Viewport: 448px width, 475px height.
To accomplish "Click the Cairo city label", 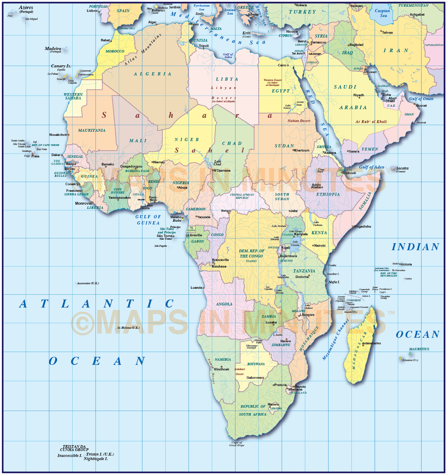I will [x=282, y=65].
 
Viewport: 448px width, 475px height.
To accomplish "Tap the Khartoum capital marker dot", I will [x=293, y=150].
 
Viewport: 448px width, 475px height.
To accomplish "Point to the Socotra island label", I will [x=402, y=169].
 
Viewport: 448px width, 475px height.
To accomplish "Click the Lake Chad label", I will [x=217, y=163].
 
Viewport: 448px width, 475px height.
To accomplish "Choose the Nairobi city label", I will [x=320, y=246].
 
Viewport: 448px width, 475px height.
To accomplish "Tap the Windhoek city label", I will [x=221, y=369].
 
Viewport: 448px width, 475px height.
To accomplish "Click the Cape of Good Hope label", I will [x=237, y=444].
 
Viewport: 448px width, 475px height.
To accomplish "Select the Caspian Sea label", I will [x=382, y=13].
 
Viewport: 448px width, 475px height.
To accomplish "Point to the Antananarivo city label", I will [x=371, y=343].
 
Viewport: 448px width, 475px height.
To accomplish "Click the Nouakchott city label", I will [x=58, y=135].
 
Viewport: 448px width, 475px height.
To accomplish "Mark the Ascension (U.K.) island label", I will [x=88, y=283].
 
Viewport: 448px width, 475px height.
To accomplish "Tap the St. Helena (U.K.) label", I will [x=128, y=328].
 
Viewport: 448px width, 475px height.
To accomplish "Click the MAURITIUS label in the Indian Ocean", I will [x=419, y=349].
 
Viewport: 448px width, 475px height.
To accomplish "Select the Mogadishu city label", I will [x=362, y=227].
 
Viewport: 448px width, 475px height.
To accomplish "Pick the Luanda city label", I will [x=196, y=288].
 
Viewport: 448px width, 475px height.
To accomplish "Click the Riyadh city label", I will [x=358, y=95].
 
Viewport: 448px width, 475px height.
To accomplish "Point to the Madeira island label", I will [x=53, y=49].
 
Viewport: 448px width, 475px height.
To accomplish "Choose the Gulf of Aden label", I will [x=372, y=167].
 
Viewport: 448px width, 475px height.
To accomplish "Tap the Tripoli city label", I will [x=204, y=46].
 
